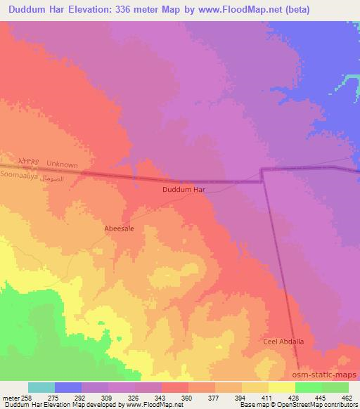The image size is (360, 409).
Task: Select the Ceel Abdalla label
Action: tap(283, 341)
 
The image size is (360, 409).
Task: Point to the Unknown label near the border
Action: tap(62, 164)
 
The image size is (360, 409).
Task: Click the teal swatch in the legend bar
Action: tap(41, 387)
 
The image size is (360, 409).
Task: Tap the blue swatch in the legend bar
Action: tap(67, 387)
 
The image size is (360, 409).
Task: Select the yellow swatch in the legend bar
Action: tap(281, 387)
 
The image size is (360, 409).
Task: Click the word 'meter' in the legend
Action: tap(10, 398)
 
